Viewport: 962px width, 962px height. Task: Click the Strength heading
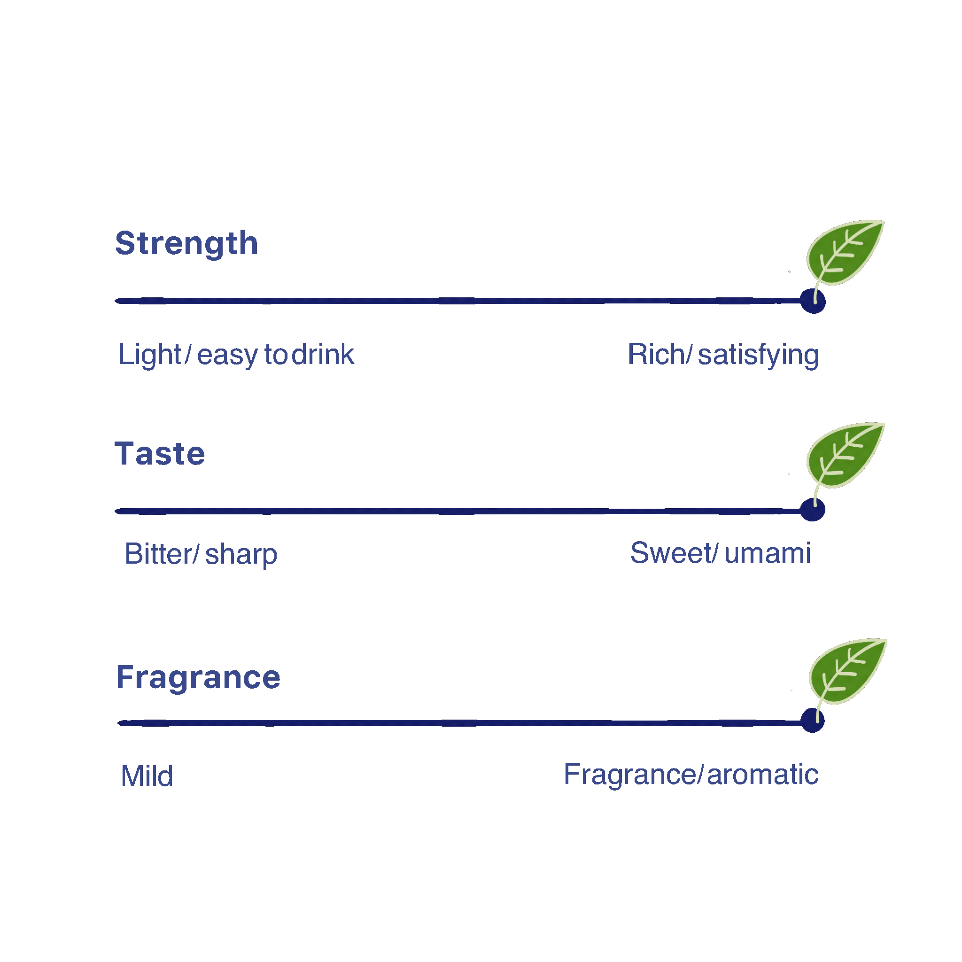coord(187,243)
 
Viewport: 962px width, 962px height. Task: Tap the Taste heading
coord(160,454)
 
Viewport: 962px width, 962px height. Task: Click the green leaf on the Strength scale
coord(845,253)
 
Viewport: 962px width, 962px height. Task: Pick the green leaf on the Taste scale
coord(845,456)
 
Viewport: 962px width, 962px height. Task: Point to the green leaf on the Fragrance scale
coord(847,671)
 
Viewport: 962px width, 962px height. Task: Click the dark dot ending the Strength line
coord(813,301)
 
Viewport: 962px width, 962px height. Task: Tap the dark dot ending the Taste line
coord(813,510)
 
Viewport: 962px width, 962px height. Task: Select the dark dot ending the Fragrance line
coord(813,721)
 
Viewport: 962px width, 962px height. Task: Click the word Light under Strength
coord(149,355)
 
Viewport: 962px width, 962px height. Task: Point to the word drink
coord(323,355)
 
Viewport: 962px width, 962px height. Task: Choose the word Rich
coord(656,355)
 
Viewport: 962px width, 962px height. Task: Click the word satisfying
coord(758,356)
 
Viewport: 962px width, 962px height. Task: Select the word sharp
coord(241,555)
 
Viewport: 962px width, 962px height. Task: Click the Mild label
coord(147,776)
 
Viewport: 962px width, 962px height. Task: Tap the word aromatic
coord(762,775)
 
